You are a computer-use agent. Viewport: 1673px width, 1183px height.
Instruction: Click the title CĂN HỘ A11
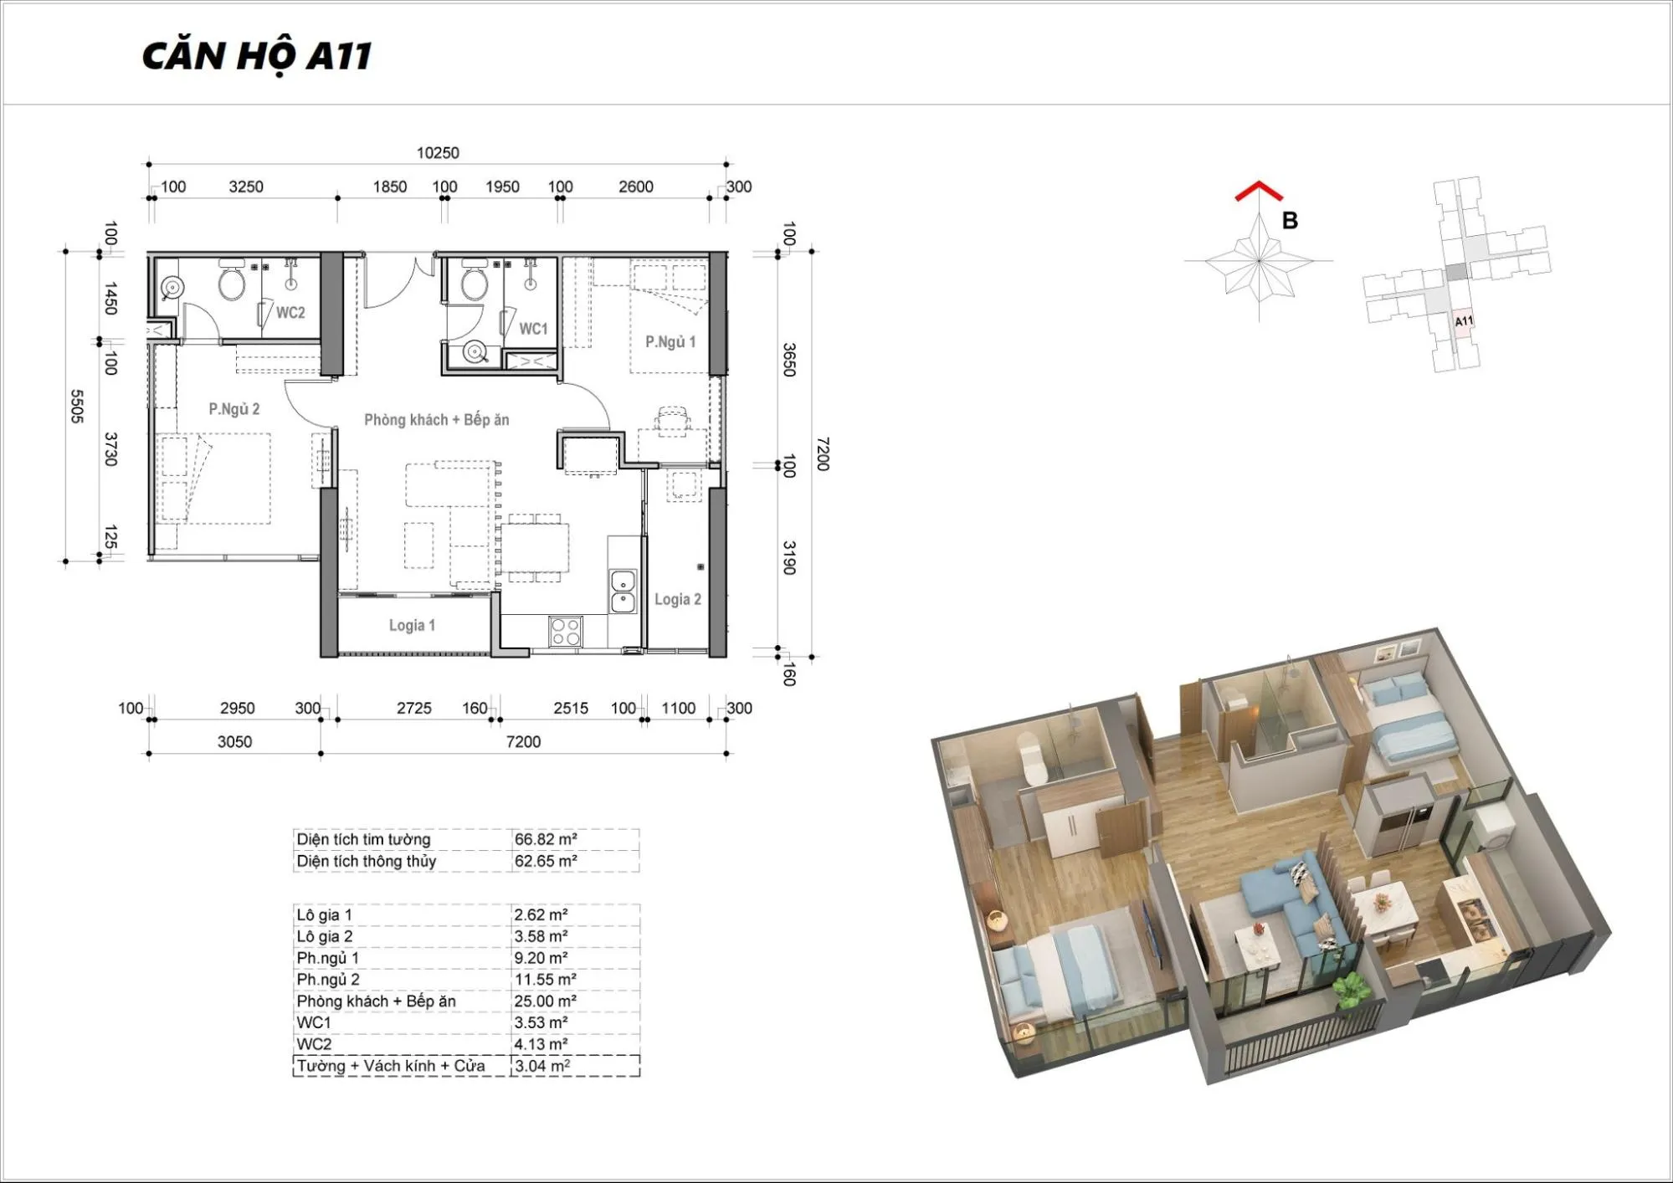point(257,57)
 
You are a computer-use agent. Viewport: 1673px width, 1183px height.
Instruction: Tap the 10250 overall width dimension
point(438,153)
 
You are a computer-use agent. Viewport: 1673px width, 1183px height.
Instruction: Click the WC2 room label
point(290,313)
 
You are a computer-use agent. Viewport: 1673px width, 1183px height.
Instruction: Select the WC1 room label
point(533,329)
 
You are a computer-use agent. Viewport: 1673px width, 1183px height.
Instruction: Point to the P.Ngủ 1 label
point(670,341)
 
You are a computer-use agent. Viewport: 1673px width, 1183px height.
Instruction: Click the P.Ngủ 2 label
point(234,409)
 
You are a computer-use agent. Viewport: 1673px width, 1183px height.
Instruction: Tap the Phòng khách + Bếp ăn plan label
point(437,420)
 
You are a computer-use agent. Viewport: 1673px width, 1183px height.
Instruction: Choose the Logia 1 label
point(412,625)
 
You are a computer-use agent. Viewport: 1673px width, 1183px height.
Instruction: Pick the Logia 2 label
point(678,599)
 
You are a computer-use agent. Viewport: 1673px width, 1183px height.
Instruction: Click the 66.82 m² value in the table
point(546,839)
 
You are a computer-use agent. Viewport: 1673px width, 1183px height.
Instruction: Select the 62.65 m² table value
point(546,861)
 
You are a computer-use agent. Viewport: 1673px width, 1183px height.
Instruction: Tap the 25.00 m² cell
point(546,1001)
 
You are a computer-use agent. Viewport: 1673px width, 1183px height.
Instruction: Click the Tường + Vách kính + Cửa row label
point(391,1066)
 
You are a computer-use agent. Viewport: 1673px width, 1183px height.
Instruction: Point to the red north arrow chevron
point(1259,192)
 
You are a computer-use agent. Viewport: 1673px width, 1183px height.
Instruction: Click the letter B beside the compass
point(1290,221)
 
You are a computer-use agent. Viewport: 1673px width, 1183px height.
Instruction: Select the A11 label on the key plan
point(1463,321)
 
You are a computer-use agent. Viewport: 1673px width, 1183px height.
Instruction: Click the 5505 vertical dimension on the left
point(76,407)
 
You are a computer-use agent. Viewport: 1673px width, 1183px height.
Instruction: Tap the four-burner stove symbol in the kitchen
point(566,631)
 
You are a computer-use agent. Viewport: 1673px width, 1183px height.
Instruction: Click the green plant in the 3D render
point(1350,991)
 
